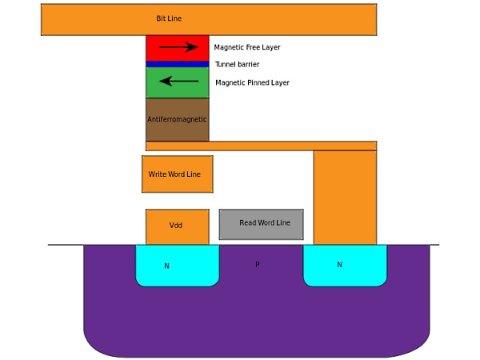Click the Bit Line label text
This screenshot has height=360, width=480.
click(168, 18)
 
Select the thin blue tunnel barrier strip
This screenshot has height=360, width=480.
click(177, 64)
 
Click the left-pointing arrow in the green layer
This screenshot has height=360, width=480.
click(177, 81)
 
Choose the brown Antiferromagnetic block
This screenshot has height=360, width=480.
click(177, 120)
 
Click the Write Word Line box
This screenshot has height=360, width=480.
click(177, 174)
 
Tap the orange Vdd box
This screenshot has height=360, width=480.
click(177, 226)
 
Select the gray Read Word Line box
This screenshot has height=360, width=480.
click(261, 224)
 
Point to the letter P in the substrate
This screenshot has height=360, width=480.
click(257, 264)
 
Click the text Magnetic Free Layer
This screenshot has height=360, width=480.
click(247, 47)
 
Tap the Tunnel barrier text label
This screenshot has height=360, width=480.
click(237, 64)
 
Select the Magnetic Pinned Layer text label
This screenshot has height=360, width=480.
click(252, 82)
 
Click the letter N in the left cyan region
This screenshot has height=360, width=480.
click(166, 266)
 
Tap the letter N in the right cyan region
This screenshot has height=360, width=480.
click(339, 264)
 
